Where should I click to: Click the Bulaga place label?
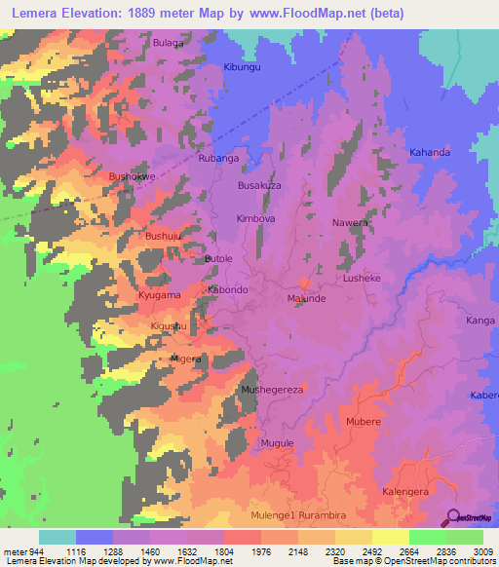pyautogui.click(x=169, y=44)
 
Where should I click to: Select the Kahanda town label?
pyautogui.click(x=430, y=153)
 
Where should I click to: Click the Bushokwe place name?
pyautogui.click(x=132, y=176)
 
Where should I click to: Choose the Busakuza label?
pyautogui.click(x=259, y=185)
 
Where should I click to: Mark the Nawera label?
pyautogui.click(x=350, y=222)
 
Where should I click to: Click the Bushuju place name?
pyautogui.click(x=163, y=236)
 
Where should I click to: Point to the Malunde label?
pyautogui.click(x=306, y=299)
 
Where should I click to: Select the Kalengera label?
pyautogui.click(x=405, y=492)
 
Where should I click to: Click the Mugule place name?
pyautogui.click(x=277, y=443)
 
